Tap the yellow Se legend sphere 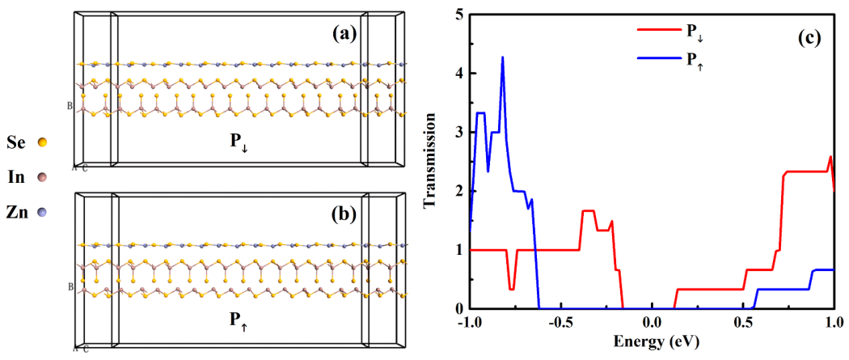click(x=42, y=142)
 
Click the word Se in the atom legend click(x=17, y=142)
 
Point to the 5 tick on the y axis click(x=458, y=15)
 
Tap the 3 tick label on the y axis click(x=458, y=133)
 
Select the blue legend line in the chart click(x=657, y=58)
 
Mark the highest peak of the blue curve click(x=503, y=57)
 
